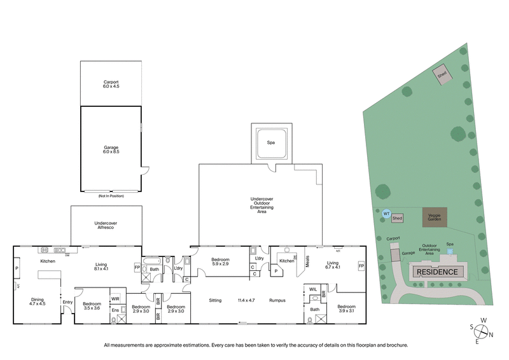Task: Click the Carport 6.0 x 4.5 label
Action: pos(111,84)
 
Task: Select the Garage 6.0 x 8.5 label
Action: pos(111,149)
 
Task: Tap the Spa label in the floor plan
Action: pos(272,144)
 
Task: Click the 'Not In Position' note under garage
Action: pos(111,196)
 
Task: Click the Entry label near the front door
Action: pos(67,301)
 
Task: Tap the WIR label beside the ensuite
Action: pos(116,298)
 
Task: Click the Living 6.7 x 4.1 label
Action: pos(333,265)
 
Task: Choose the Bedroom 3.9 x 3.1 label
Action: pos(347,309)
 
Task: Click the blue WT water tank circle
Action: pos(386,214)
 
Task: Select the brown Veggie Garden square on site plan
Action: pos(435,217)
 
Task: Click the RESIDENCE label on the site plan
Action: pos(438,272)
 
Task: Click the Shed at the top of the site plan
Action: pos(442,74)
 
